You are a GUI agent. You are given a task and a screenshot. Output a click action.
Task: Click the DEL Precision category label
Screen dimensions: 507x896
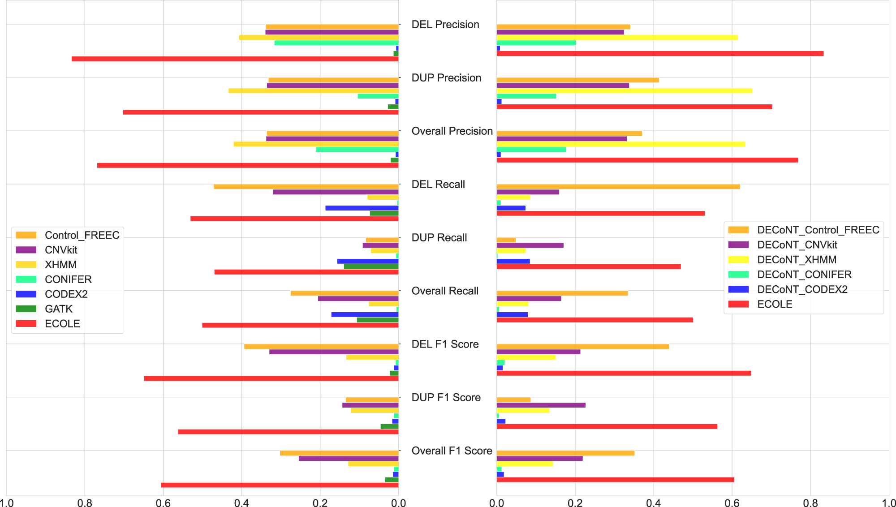point(445,25)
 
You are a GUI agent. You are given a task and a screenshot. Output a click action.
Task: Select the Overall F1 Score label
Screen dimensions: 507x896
point(452,451)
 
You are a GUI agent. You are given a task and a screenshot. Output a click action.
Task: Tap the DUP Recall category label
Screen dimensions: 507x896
point(439,238)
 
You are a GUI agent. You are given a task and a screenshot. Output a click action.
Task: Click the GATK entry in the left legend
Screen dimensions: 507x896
point(58,309)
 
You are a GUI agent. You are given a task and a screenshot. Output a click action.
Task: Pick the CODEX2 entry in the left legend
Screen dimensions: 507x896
point(66,294)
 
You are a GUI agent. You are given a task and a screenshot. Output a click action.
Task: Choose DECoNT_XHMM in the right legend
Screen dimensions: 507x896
point(797,260)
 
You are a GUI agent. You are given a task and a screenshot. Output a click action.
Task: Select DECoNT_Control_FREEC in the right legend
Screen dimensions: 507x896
point(818,230)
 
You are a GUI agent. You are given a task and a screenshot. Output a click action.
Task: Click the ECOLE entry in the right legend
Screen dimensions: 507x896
point(775,304)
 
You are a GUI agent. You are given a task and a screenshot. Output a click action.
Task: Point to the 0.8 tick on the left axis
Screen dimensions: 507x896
point(85,503)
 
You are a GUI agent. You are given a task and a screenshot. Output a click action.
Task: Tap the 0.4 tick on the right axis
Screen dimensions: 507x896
point(653,503)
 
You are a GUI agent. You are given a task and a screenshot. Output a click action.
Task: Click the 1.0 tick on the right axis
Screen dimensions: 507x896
point(888,503)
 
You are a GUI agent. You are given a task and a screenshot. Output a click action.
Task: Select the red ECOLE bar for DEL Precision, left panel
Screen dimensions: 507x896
point(235,59)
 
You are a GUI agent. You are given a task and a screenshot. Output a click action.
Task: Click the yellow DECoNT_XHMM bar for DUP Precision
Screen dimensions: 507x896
point(624,91)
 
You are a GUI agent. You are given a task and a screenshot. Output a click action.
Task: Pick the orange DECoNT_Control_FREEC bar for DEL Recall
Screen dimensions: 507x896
point(618,187)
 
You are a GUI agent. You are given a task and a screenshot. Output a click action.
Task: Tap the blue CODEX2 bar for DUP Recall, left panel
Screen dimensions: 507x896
point(367,261)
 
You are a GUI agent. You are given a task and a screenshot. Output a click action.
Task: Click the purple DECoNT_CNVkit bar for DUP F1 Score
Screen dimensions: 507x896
point(541,405)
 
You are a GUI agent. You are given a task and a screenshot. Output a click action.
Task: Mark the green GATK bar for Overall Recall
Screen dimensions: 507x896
point(377,320)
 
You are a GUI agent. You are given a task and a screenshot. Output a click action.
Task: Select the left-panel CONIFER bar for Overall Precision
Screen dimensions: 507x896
point(357,150)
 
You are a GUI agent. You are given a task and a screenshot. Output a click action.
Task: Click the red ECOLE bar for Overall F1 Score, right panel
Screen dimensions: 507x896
point(615,480)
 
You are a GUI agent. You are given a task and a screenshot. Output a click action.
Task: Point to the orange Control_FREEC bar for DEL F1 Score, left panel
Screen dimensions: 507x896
point(321,347)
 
